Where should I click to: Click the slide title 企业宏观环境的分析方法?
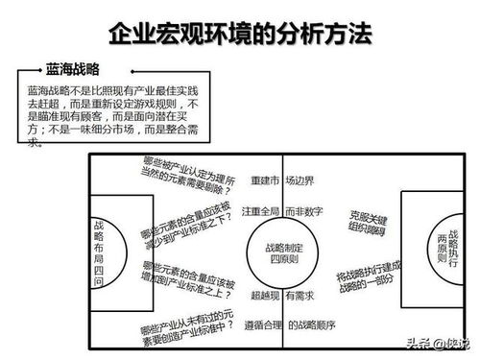tap(240, 37)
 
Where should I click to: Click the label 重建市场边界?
tap(279, 180)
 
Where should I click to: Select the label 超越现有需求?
tap(281, 296)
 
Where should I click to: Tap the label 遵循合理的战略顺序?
tap(281, 324)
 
